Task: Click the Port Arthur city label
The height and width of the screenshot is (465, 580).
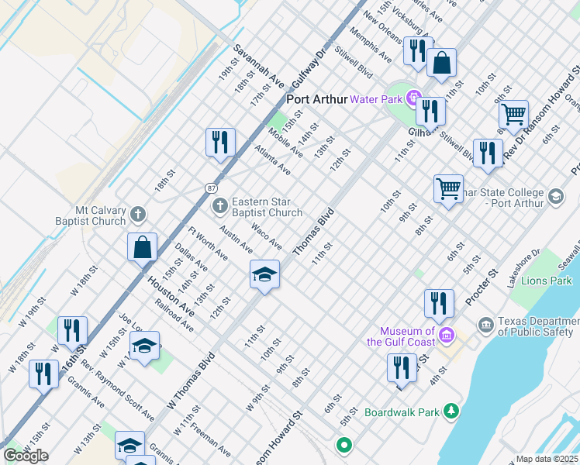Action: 317,99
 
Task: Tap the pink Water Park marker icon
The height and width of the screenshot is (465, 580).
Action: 414,99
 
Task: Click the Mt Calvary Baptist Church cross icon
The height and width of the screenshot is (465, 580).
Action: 137,213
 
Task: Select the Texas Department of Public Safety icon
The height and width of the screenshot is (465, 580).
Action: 485,323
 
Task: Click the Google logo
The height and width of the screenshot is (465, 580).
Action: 26,456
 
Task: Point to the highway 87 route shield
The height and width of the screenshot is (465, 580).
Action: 211,188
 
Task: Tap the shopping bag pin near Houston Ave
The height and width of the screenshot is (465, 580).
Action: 143,247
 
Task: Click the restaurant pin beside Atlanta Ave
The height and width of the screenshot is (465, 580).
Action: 220,142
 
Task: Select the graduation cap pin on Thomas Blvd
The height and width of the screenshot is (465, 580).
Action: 264,275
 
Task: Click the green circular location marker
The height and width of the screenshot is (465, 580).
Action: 344,446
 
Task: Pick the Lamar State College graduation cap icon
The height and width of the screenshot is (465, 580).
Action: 555,197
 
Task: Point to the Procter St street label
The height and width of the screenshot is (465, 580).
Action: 481,288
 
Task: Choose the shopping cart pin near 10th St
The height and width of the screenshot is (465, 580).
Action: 448,188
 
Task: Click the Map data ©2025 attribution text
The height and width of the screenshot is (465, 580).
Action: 547,459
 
